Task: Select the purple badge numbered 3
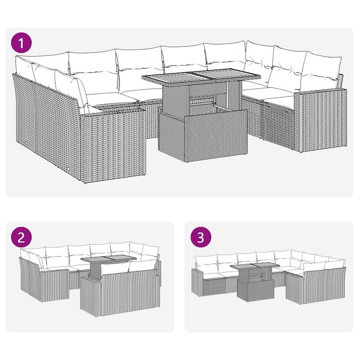coord(201,238)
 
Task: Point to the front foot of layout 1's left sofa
coord(85,183)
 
